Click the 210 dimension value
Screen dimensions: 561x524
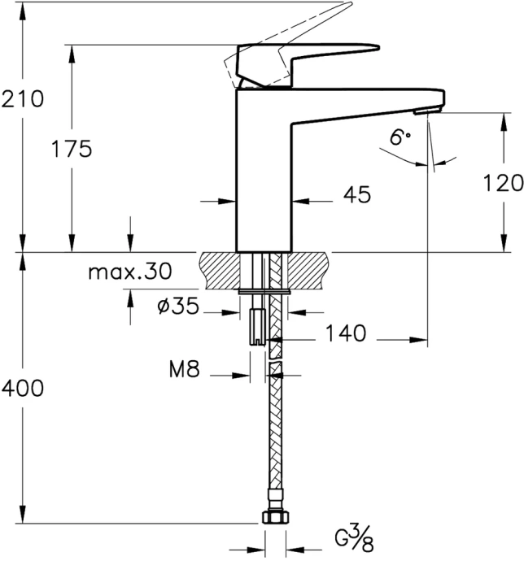click(21, 100)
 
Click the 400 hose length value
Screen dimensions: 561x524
click(21, 389)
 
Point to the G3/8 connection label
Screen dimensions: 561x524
click(355, 539)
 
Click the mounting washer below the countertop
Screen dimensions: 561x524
click(265, 289)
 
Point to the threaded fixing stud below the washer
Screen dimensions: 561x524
click(257, 325)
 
